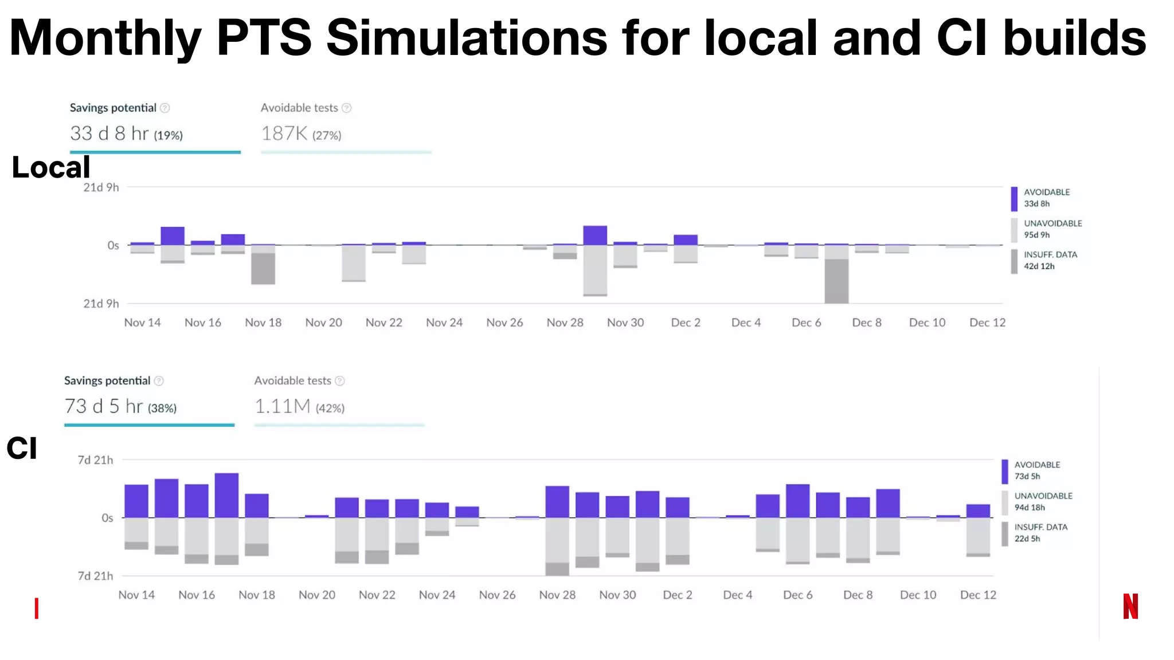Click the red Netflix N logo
tap(1130, 606)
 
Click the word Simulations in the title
tap(466, 38)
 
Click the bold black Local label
tap(51, 167)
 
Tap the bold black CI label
tap(22, 448)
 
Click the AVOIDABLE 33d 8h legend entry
tap(1046, 198)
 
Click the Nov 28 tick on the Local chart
tap(565, 323)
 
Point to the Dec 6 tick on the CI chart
tap(797, 595)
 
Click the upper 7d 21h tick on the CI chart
tap(95, 460)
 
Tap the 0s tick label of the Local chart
tap(113, 245)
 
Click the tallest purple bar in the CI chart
tap(226, 495)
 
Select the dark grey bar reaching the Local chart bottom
tap(836, 281)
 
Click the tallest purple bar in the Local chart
tap(595, 235)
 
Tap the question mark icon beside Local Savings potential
tap(165, 108)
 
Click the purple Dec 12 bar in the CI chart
tap(978, 510)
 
